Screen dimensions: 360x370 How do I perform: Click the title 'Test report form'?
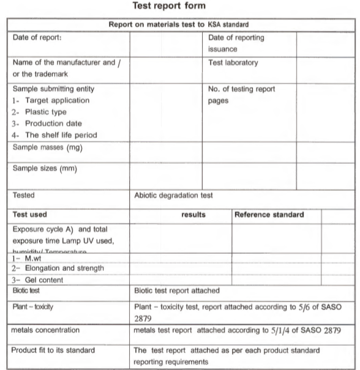(x=179, y=8)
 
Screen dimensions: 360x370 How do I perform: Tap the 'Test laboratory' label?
(x=233, y=63)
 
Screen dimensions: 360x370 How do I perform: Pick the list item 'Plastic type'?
(x=45, y=112)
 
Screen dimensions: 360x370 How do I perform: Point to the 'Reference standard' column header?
(x=269, y=215)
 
